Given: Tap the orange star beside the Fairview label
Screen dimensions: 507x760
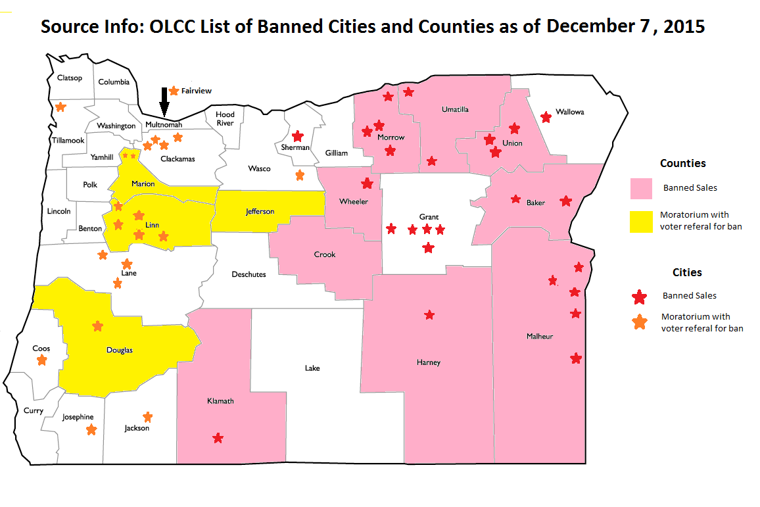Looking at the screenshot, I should coord(174,91).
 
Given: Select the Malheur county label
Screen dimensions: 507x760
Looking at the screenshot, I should coord(540,336).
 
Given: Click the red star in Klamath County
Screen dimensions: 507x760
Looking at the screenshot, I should coord(218,438).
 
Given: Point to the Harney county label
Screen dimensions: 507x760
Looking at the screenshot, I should coord(428,362).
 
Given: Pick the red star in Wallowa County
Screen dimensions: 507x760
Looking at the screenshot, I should coord(546,117).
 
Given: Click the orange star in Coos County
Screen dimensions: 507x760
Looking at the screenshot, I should coord(42,360).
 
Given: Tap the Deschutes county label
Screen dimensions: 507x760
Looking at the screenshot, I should coord(249,274).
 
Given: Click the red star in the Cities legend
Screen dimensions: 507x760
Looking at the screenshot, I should coord(638,297).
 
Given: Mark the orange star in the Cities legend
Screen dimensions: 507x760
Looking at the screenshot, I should coord(638,322).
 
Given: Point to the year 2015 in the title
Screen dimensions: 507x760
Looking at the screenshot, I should coord(683,27).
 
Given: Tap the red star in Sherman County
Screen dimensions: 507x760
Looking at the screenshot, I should coord(297,136).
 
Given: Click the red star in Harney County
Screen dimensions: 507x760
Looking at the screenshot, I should coord(429,315).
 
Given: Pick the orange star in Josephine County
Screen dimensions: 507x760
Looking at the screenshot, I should coord(91,429).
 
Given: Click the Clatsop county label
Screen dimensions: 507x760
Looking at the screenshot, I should coord(70,78).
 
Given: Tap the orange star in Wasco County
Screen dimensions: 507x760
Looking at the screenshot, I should coord(300,175).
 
